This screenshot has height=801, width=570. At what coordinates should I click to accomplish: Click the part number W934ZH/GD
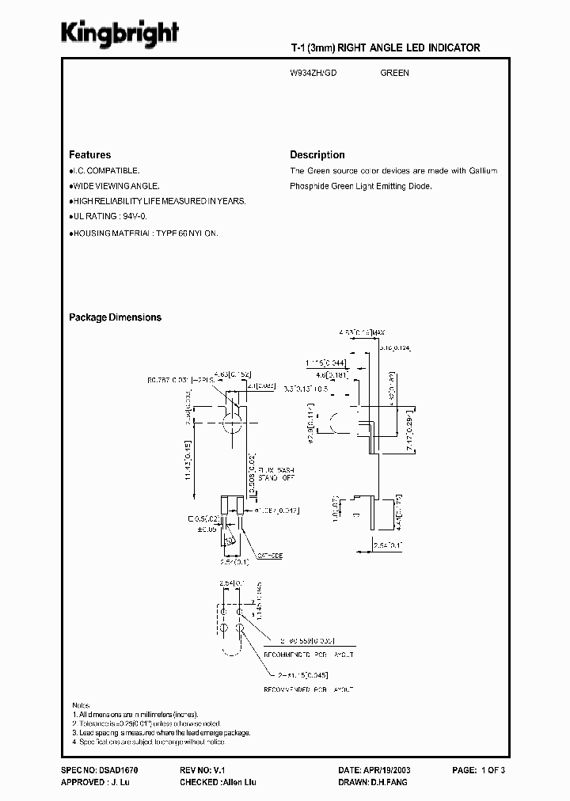314,73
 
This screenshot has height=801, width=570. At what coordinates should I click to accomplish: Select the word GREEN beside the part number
394,73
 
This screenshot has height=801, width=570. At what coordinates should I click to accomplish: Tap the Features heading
89,155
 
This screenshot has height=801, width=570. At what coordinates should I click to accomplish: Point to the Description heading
317,155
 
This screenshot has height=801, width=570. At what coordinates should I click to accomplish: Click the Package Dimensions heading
115,317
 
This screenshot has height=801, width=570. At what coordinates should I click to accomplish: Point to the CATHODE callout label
268,556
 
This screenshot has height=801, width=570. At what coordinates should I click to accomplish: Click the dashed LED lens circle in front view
231,423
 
